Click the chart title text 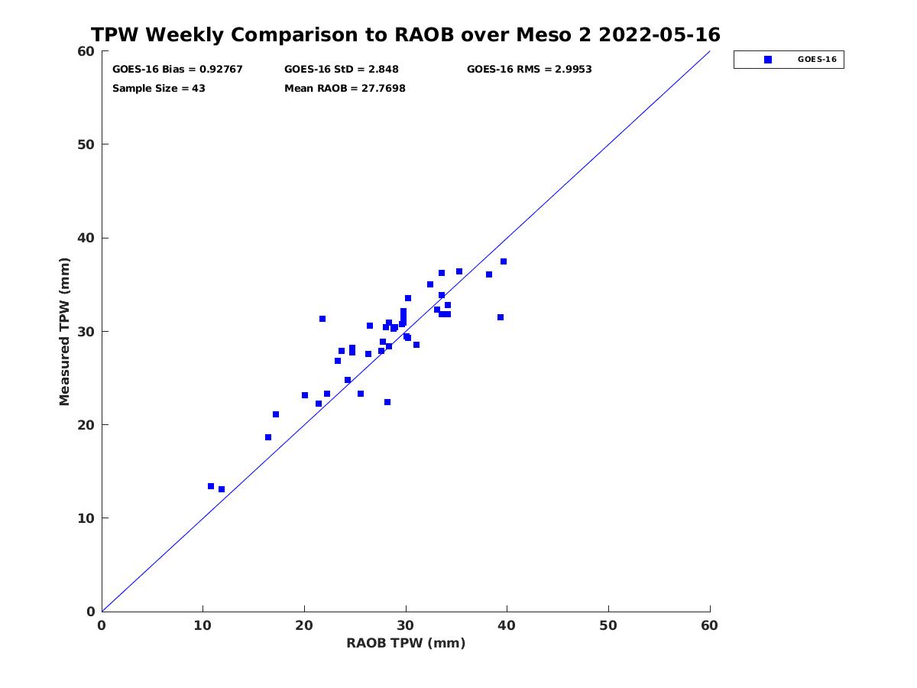[x=405, y=34]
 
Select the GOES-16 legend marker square [x=768, y=60]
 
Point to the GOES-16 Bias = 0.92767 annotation [x=177, y=70]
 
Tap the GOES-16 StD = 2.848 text [x=342, y=70]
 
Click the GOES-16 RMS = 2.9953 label [x=530, y=70]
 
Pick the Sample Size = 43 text [x=159, y=89]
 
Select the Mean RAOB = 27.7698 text [x=345, y=89]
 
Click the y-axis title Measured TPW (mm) [x=64, y=332]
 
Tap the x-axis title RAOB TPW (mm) [x=406, y=643]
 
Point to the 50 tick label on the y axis [x=86, y=144]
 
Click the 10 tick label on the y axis [x=86, y=518]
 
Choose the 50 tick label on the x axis [x=608, y=625]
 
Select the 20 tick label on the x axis [x=304, y=625]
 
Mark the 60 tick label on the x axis [x=709, y=625]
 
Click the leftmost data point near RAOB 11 [x=211, y=486]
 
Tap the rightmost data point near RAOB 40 [x=504, y=261]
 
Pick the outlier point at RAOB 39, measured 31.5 [x=501, y=317]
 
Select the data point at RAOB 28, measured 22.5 [x=387, y=402]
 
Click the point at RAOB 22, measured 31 [x=322, y=319]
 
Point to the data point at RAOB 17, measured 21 [x=276, y=414]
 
